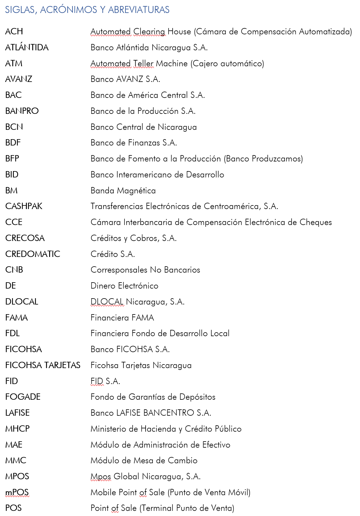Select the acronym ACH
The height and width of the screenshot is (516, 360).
14,32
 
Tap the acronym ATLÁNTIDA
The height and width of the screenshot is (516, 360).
27,48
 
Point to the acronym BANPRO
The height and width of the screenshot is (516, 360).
22,111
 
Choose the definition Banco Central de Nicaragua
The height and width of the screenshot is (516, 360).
144,127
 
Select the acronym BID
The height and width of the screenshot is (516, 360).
12,175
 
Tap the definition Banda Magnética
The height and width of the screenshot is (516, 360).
123,191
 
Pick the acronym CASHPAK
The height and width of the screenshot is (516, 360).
24,206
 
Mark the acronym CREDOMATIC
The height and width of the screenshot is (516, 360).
33,254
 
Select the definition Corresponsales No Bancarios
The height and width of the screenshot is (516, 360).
145,270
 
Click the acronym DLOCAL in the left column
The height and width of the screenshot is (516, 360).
22,302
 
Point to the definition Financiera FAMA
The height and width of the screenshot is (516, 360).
122,318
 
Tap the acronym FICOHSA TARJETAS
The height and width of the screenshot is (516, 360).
43,365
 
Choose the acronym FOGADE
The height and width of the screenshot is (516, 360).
23,397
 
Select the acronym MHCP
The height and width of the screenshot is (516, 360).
17,429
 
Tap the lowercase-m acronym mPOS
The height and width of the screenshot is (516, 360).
17,493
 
